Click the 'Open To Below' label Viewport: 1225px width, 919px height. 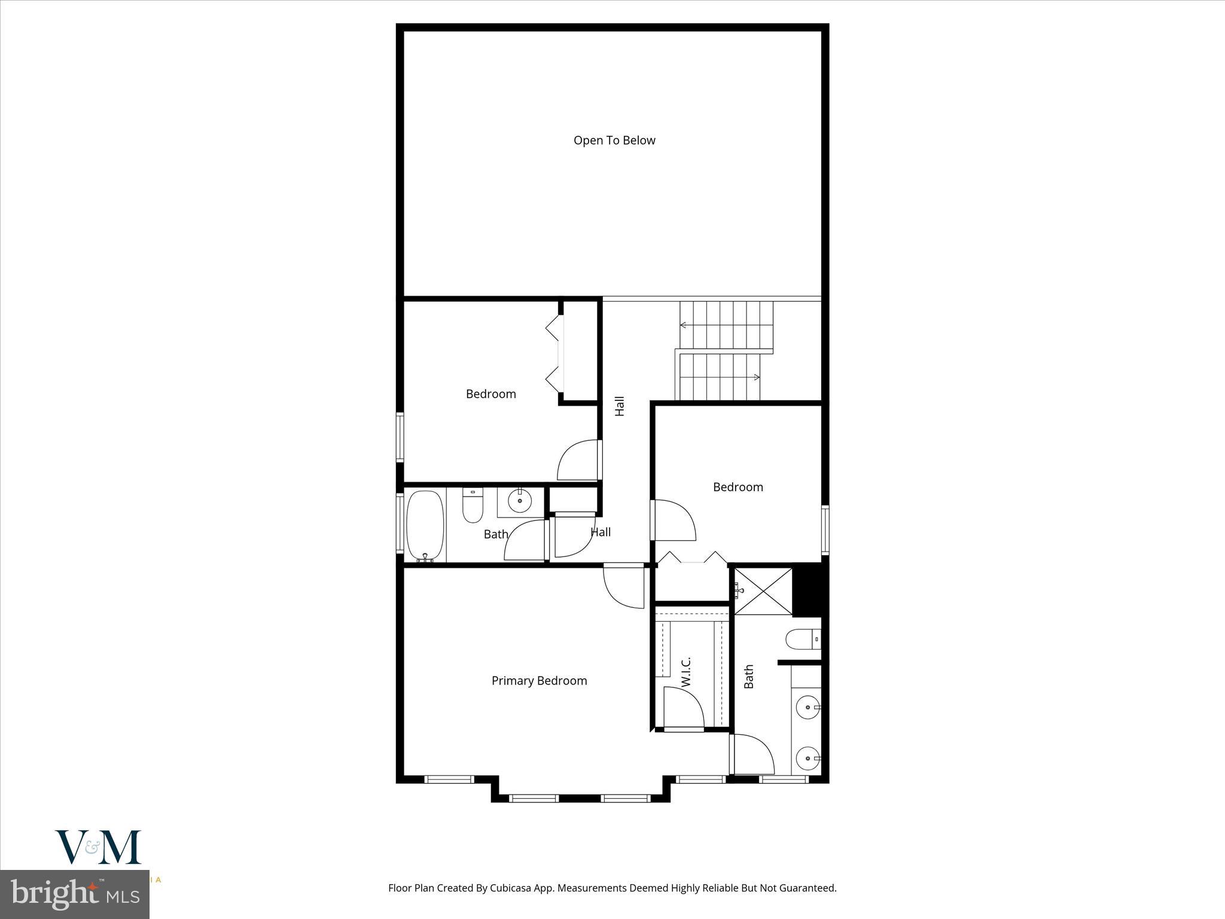(x=614, y=141)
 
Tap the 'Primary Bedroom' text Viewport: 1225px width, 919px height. (x=539, y=681)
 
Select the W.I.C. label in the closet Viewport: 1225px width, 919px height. (x=686, y=671)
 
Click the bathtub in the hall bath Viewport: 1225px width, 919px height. (x=425, y=525)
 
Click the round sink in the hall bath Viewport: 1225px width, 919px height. (x=520, y=501)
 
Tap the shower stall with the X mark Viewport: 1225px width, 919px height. (x=763, y=591)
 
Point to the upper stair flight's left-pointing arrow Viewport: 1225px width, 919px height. (x=683, y=325)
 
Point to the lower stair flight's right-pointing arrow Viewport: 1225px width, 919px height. (x=756, y=377)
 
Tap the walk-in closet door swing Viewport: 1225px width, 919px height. (x=683, y=708)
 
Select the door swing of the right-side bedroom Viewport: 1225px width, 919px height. (x=675, y=521)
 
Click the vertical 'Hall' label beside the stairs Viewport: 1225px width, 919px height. (x=620, y=406)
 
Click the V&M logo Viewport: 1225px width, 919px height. (x=98, y=847)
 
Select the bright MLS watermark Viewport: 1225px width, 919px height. (x=74, y=894)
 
